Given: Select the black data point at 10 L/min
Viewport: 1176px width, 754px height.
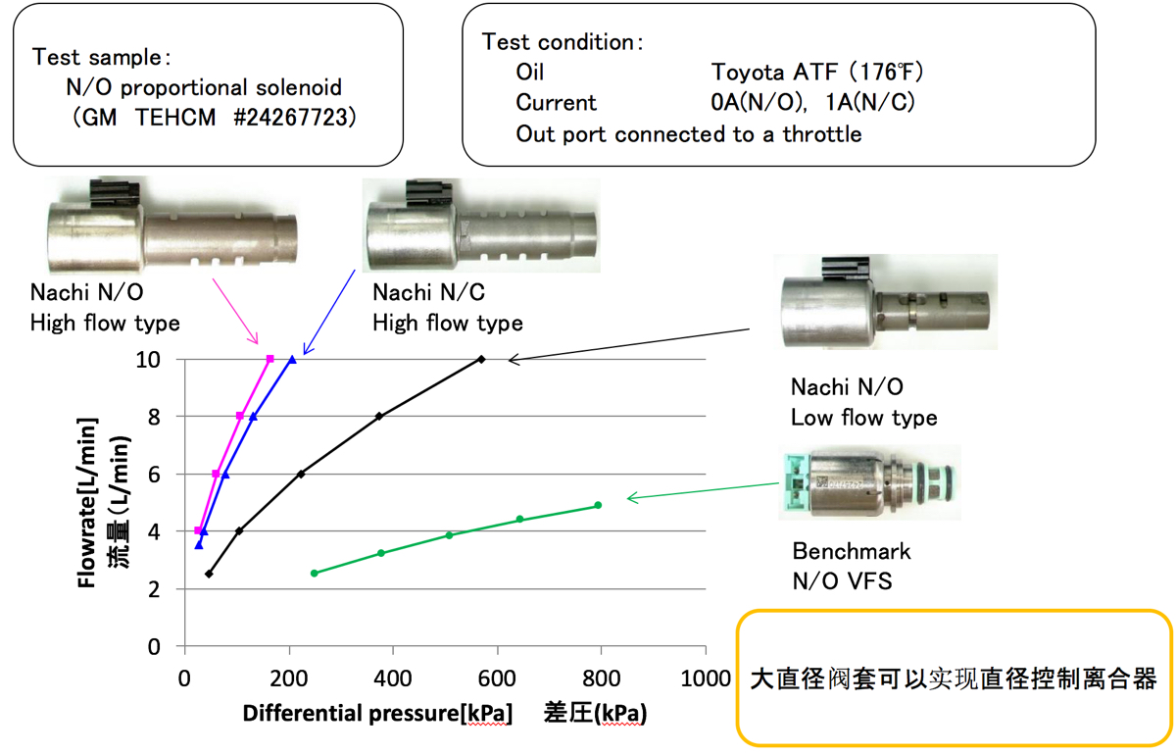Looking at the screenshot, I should (481, 359).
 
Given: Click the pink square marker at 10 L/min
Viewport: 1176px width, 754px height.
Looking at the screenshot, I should (269, 359).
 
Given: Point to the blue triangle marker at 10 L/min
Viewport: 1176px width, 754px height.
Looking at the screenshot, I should (292, 359).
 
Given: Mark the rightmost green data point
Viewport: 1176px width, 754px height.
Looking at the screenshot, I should (598, 505).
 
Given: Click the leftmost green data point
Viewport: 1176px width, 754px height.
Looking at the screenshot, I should (314, 573).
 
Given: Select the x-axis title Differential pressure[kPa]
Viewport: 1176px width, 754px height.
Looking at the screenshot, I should (377, 713).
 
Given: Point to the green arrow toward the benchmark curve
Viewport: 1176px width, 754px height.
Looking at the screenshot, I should (698, 491).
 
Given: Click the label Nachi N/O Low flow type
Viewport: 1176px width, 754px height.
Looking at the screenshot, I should (863, 403).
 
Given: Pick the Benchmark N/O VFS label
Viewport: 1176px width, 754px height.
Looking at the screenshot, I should (851, 567).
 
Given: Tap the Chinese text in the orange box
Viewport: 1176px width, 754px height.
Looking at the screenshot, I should (954, 679).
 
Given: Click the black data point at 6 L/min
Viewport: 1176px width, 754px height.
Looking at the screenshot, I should (301, 474).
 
